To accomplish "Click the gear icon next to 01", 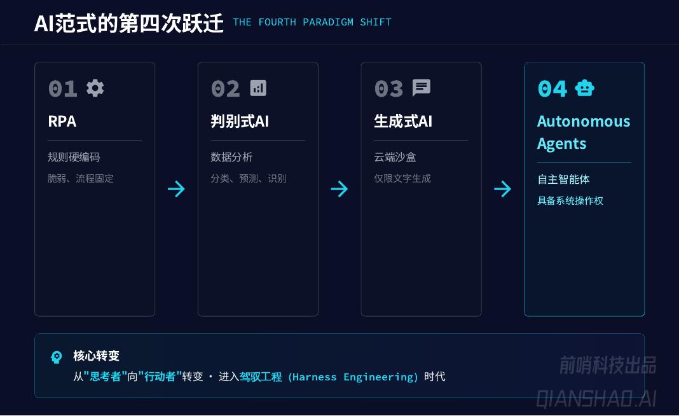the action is [x=95, y=88].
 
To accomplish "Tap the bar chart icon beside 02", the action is [x=258, y=88].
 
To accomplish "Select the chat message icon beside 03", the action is [x=422, y=88].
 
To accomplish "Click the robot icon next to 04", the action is [x=584, y=88].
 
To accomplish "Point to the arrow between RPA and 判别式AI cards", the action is [x=176, y=189].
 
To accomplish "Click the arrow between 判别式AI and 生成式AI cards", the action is [x=340, y=189].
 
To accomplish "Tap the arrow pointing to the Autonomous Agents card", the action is [x=502, y=189].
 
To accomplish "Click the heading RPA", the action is [x=62, y=121].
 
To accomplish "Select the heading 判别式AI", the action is [x=240, y=121].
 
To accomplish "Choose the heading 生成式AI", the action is [x=403, y=121].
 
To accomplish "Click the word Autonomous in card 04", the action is [x=584, y=121].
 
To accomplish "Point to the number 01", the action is [x=62, y=88].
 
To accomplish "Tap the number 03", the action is [x=388, y=88].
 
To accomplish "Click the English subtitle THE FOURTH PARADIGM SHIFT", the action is [x=312, y=22].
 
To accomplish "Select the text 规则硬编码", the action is [x=74, y=157].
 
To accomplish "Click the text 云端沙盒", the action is [x=395, y=157].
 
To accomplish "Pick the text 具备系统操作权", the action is [x=570, y=201].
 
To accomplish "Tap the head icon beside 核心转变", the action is [x=57, y=357].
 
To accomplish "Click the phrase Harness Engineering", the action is [x=353, y=377].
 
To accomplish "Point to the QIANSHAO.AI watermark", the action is [x=596, y=399].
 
